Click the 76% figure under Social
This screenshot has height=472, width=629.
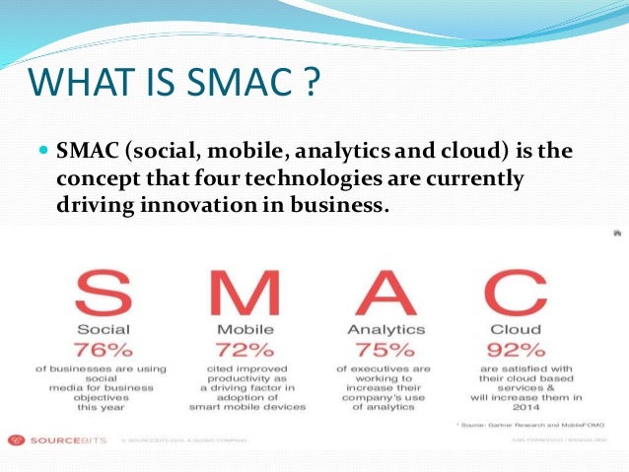tap(102, 350)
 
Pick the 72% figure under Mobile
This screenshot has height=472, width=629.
tap(245, 350)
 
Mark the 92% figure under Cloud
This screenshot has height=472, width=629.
tap(515, 350)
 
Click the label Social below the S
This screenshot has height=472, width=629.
tap(102, 328)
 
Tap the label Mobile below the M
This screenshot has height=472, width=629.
tap(245, 328)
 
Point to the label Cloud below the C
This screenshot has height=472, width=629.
tap(515, 328)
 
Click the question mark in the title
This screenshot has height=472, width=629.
tap(311, 82)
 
